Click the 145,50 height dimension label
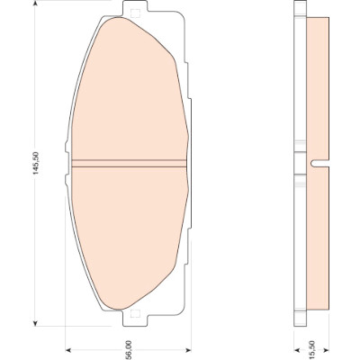pyautogui.click(x=36, y=163)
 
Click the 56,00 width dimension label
pyautogui.click(x=129, y=350)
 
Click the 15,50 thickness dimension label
pyautogui.click(x=311, y=350)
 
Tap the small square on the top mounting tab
pyautogui.click(x=135, y=13)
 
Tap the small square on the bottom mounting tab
pyautogui.click(x=135, y=313)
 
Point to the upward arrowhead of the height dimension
pyautogui.click(x=35, y=4)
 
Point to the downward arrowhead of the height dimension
pyautogui.click(x=35, y=323)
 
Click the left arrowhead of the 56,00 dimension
pyautogui.click(x=68, y=350)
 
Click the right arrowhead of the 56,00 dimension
pyautogui.click(x=188, y=350)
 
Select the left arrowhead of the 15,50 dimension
pyautogui.click(x=297, y=350)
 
